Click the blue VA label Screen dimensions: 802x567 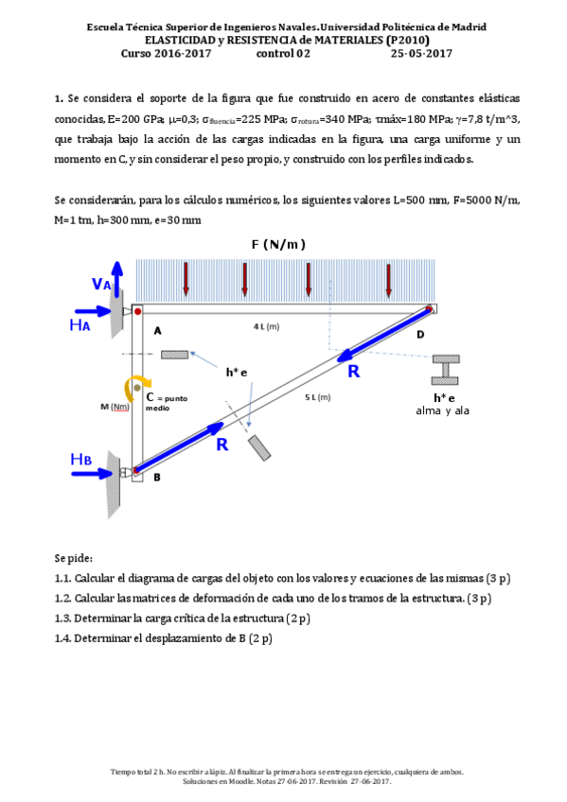pyautogui.click(x=101, y=284)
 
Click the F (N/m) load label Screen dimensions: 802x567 pyautogui.click(x=277, y=245)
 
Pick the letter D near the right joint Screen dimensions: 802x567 pyautogui.click(x=419, y=334)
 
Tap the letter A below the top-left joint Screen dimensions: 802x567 pyautogui.click(x=157, y=330)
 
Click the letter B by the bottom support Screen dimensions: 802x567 pyautogui.click(x=157, y=478)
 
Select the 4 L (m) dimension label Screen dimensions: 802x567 pyautogui.click(x=266, y=326)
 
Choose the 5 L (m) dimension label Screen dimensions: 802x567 pyautogui.click(x=318, y=396)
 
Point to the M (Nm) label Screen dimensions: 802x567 pyautogui.click(x=115, y=407)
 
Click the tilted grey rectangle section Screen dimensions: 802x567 pyautogui.click(x=257, y=447)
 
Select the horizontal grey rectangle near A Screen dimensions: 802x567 pyautogui.click(x=175, y=355)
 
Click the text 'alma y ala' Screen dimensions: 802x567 pyautogui.click(x=443, y=410)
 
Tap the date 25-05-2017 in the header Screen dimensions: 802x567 pyautogui.click(x=421, y=54)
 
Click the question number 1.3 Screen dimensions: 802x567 pyautogui.click(x=64, y=619)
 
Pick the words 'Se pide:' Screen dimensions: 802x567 pyautogui.click(x=72, y=558)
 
